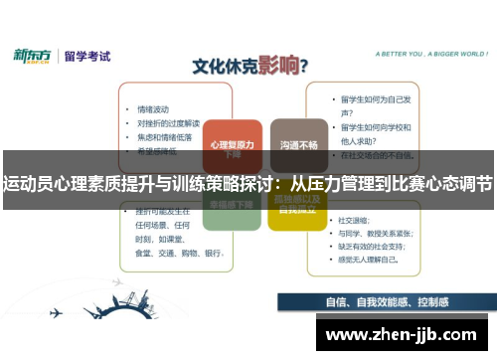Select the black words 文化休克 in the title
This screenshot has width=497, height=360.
(x=223, y=68)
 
